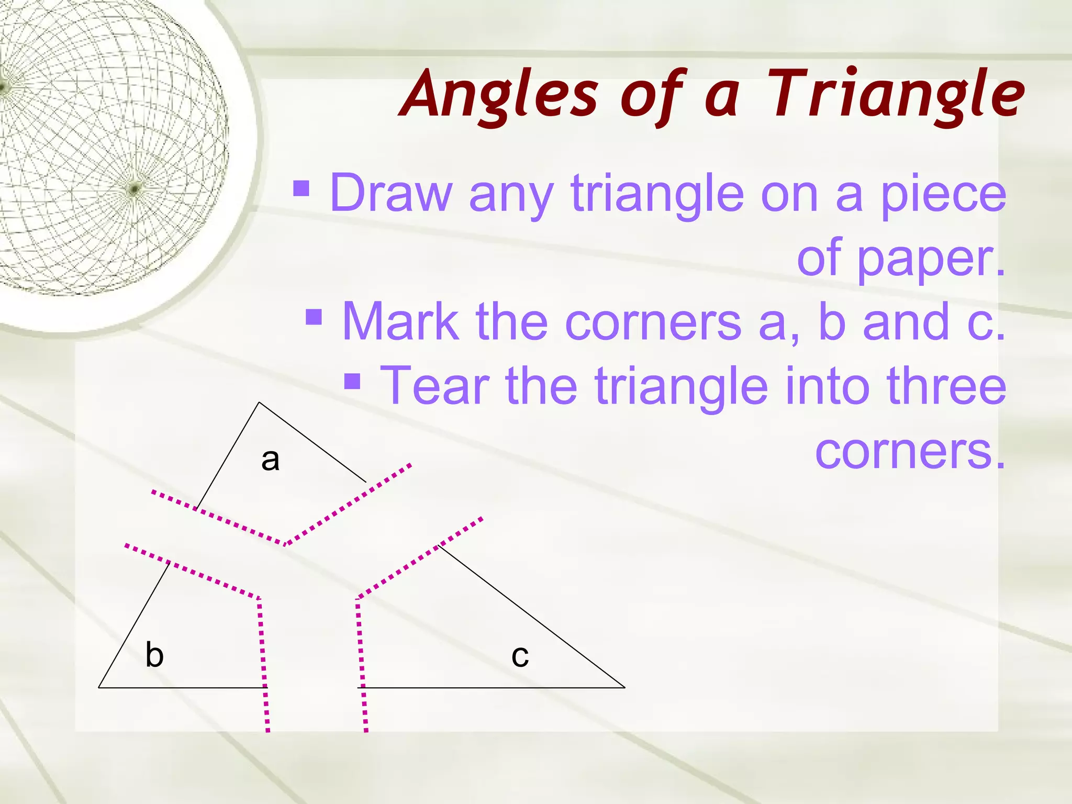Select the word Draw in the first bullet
click(390, 193)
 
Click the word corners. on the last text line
click(910, 450)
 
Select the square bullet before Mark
click(314, 316)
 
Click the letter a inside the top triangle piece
click(270, 460)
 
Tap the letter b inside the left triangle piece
click(154, 655)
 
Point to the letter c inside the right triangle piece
click(520, 656)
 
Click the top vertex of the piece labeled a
click(259, 403)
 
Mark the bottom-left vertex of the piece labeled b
click(99, 687)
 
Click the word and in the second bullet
click(906, 321)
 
